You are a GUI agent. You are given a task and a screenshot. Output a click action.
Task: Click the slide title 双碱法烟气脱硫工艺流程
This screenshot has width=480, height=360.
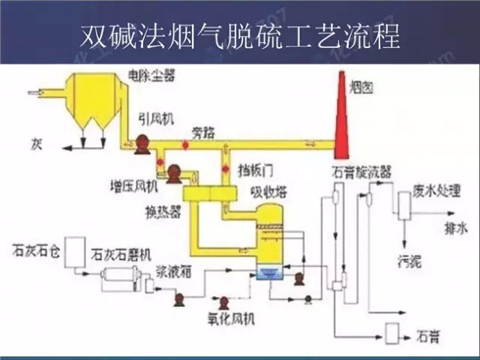[x=240, y=35]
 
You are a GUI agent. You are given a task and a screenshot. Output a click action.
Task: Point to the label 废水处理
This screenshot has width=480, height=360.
[x=436, y=189]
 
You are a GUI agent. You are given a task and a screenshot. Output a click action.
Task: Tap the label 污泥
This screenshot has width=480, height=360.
[x=410, y=262]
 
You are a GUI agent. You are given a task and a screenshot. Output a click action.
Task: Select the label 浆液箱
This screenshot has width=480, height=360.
[x=175, y=273]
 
